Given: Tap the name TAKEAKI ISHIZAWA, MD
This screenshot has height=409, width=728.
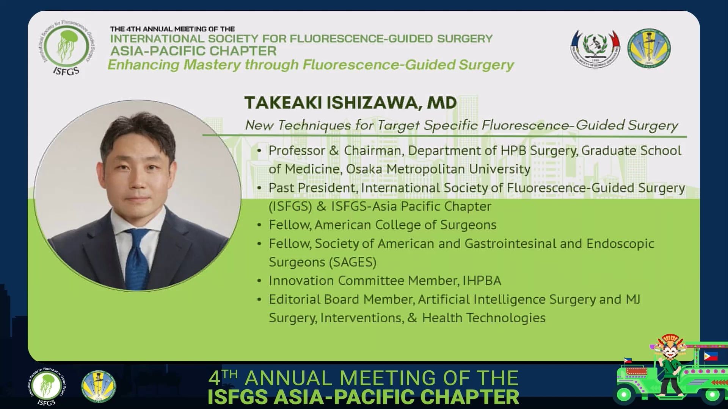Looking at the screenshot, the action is pos(350,103).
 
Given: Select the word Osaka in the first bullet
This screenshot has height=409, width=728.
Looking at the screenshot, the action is pos(364,169).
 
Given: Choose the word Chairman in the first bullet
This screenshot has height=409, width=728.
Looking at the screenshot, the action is pos(372,150).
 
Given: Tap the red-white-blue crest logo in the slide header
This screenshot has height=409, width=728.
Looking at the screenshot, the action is pos(595,48).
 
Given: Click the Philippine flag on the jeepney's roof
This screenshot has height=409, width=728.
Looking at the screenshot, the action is pos(710,356).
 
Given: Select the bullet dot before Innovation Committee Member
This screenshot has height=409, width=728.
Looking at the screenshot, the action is pos(259,281).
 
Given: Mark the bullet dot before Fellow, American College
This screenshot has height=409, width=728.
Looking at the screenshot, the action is pos(259,225).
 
